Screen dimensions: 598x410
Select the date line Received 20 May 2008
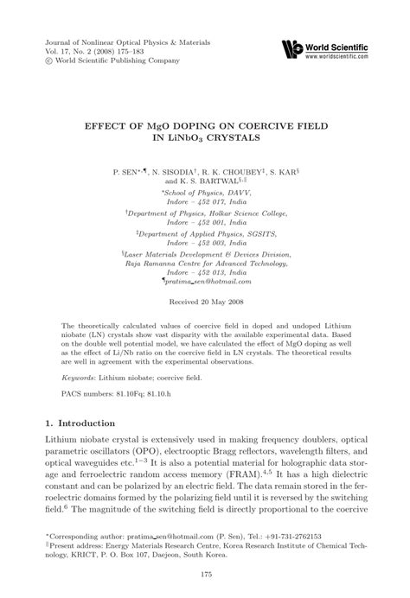click(x=204, y=302)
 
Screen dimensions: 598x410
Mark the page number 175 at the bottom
click(x=205, y=575)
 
